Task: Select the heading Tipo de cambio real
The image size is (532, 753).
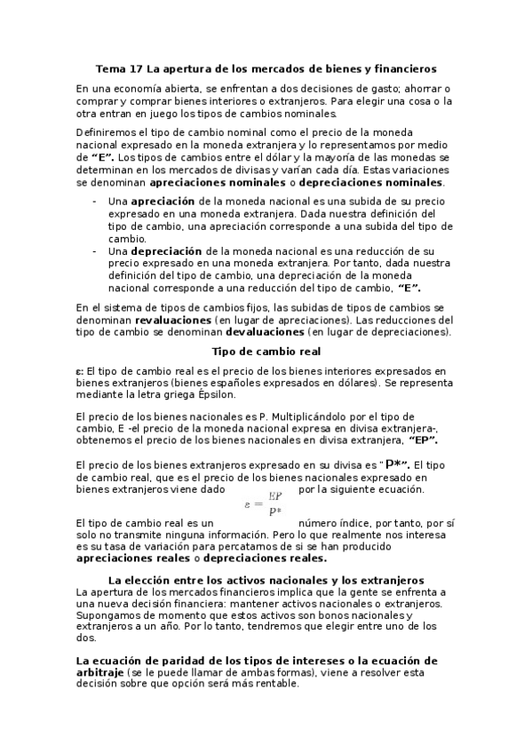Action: (x=265, y=351)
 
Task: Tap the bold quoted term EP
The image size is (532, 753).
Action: (x=423, y=440)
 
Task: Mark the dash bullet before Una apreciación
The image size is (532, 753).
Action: (x=95, y=202)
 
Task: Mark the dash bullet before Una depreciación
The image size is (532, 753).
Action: (x=95, y=251)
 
